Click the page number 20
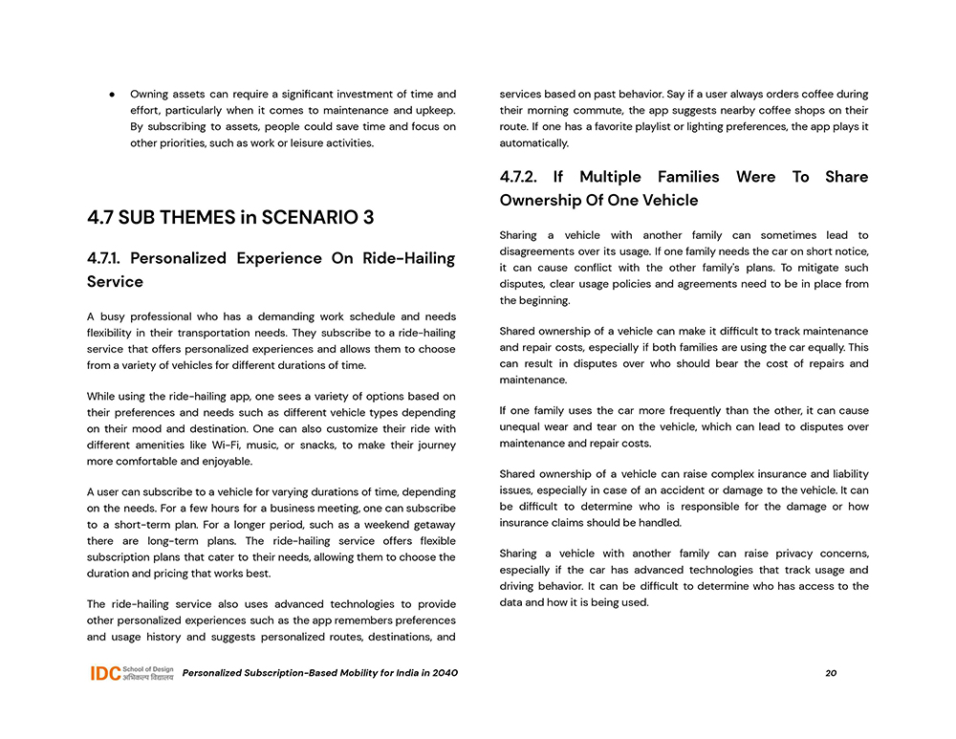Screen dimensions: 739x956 point(831,673)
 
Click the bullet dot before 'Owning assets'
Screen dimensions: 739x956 point(112,95)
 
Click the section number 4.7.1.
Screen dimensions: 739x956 point(104,258)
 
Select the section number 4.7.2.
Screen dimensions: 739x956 point(519,177)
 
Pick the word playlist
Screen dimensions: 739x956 point(656,126)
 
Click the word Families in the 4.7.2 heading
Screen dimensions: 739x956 point(688,177)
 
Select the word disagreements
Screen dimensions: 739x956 point(538,252)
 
